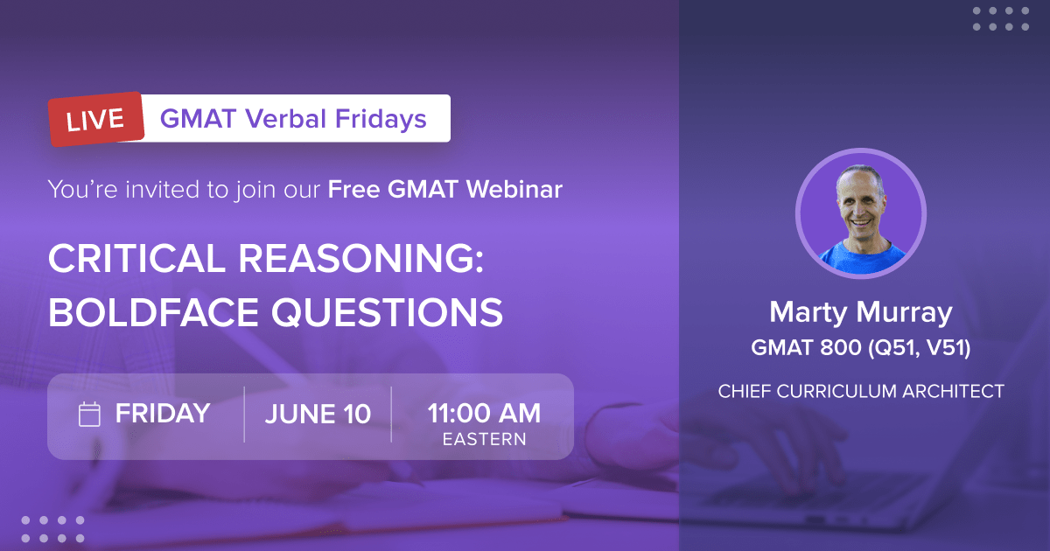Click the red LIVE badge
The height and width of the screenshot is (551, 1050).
[97, 120]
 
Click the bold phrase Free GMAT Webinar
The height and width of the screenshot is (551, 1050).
[444, 188]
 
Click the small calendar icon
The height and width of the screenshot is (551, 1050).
[89, 414]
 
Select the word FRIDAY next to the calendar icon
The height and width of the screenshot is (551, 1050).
[162, 414]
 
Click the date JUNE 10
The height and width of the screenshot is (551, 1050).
[318, 414]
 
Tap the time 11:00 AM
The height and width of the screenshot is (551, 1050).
[484, 412]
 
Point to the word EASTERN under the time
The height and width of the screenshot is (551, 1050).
[484, 439]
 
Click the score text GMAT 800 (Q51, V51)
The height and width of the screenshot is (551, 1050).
[860, 348]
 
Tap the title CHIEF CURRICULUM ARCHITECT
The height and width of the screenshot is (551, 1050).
[860, 392]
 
